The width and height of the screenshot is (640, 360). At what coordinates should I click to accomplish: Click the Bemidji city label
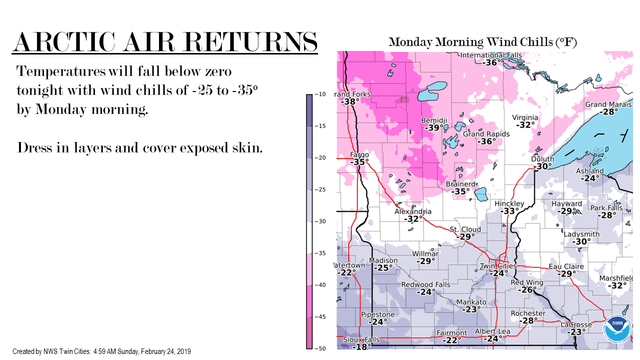click(x=434, y=120)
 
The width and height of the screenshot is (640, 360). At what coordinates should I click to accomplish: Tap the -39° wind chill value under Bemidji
click(x=433, y=127)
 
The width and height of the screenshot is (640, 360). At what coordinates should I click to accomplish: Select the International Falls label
click(x=491, y=55)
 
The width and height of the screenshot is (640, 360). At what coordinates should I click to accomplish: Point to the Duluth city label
click(x=542, y=159)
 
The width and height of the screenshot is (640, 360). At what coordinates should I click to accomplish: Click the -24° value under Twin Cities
click(x=498, y=273)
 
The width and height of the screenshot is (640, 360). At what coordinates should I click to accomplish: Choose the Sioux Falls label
click(x=361, y=339)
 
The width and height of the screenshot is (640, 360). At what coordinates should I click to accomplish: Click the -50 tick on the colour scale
click(x=320, y=348)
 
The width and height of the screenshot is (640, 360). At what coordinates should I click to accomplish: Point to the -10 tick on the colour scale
click(x=320, y=94)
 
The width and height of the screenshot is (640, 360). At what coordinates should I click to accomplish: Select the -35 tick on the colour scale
click(x=320, y=253)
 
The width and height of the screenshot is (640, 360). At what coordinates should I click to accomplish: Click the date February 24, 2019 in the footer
click(x=165, y=351)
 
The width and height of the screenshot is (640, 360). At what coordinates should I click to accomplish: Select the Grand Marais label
click(x=608, y=104)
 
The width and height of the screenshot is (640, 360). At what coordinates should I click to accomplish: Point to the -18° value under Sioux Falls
click(x=361, y=347)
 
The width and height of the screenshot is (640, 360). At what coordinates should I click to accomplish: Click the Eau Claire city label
click(x=566, y=266)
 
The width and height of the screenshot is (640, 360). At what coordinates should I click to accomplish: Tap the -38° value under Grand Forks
click(x=350, y=101)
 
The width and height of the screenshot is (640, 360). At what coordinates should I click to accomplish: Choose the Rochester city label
click(x=528, y=313)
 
